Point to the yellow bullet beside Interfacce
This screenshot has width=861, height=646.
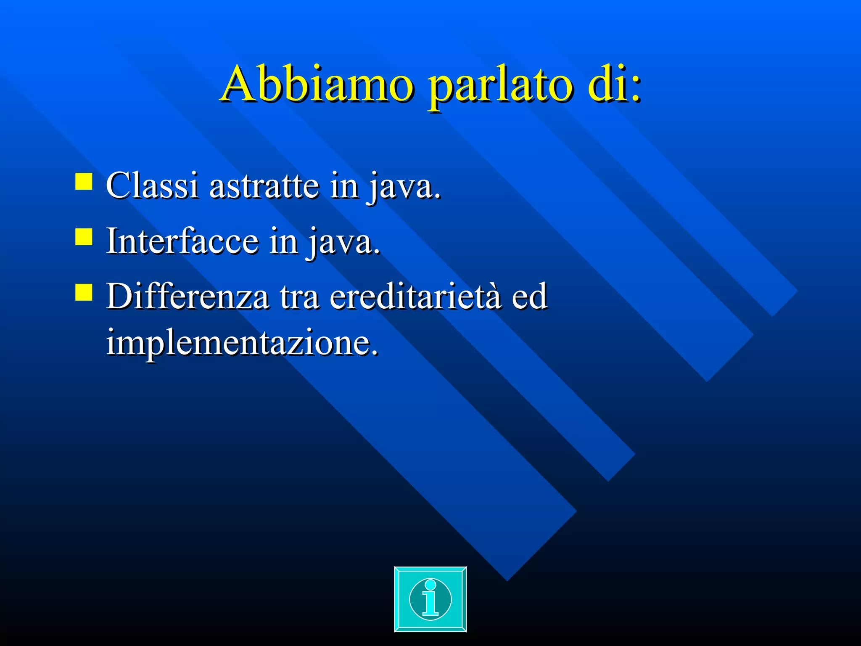point(84,237)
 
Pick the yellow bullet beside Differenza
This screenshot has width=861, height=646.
point(84,292)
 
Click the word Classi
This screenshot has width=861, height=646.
point(152,185)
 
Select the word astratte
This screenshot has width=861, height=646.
point(264,185)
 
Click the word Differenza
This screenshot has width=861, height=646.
point(188,297)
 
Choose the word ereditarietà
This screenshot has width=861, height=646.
point(416,297)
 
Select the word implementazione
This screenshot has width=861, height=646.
point(238,343)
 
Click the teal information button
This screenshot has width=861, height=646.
point(430,599)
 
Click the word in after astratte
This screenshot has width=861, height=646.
point(344,185)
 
